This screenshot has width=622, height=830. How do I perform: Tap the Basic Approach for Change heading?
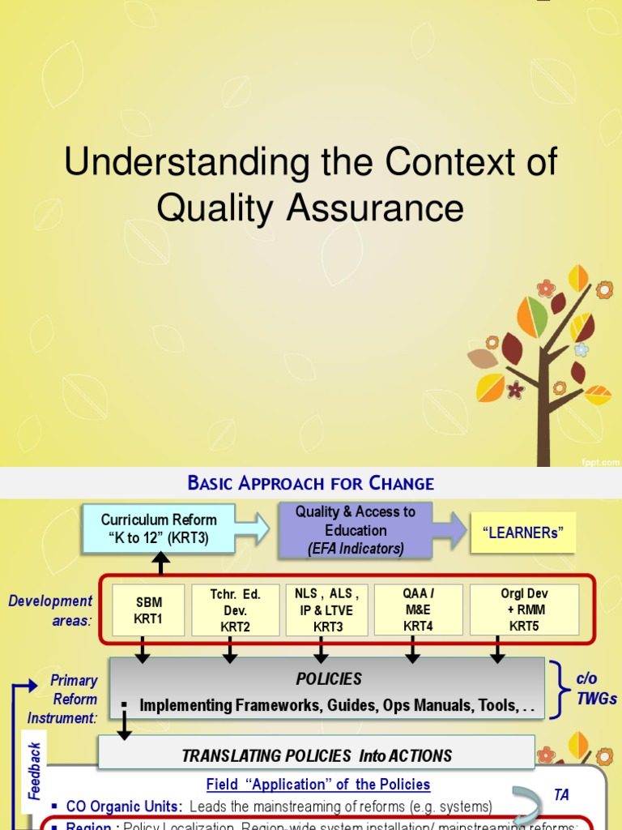click(311, 484)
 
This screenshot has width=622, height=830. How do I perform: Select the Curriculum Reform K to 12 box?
click(159, 528)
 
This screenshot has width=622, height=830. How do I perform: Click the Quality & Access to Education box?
click(355, 531)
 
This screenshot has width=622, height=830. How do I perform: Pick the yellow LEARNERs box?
click(523, 533)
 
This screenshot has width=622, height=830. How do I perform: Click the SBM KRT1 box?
click(148, 610)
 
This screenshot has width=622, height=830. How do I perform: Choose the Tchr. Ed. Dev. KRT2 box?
click(235, 610)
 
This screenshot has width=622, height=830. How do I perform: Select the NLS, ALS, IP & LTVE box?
click(322, 610)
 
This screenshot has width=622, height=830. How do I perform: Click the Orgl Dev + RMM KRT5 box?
click(524, 610)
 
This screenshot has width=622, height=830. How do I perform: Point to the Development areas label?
click(51, 610)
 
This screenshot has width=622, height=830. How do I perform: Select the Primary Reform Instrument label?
click(63, 699)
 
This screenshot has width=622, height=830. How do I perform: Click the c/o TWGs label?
click(597, 688)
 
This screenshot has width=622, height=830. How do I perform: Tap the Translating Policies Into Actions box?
click(316, 755)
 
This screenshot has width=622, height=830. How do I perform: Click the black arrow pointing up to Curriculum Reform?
click(160, 562)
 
